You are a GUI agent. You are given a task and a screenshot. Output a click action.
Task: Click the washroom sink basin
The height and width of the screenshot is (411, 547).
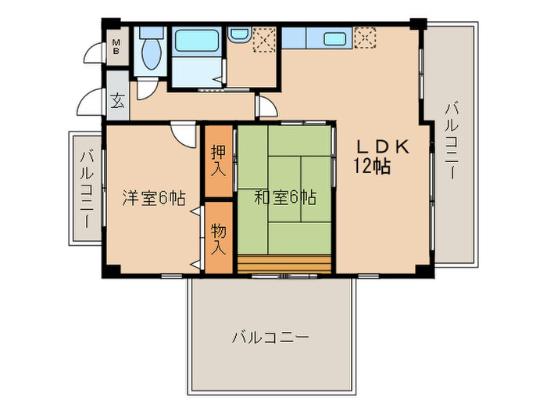click(x=238, y=36)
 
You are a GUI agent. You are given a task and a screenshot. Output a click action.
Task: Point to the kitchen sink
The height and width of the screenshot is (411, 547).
click(x=335, y=38)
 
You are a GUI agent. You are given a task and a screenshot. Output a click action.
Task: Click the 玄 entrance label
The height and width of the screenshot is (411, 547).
click(x=117, y=101)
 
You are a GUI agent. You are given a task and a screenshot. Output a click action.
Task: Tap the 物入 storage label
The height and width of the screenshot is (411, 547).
click(x=218, y=239)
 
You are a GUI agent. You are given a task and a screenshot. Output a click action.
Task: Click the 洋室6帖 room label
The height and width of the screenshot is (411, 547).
click(x=152, y=198)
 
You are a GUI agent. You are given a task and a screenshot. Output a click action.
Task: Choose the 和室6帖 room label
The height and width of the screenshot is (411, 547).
click(x=284, y=198)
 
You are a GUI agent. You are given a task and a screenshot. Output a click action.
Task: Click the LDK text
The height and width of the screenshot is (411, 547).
click(x=383, y=146)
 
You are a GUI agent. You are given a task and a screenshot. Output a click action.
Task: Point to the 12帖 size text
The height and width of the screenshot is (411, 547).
click(x=372, y=166)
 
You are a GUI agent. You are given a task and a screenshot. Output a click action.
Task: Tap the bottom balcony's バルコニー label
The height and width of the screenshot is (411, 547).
click(x=270, y=338)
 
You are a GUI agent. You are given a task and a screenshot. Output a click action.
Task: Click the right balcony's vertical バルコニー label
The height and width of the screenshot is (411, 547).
click(x=451, y=141)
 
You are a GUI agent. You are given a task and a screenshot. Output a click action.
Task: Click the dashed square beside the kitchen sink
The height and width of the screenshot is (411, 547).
click(x=365, y=36)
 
